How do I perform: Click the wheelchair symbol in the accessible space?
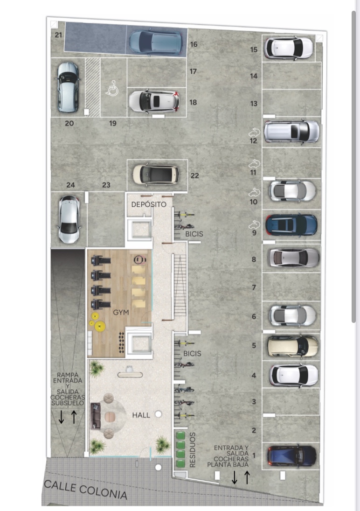[x=112, y=88]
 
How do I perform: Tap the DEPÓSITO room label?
[x=149, y=204]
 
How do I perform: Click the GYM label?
[x=121, y=312]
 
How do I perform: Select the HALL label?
[x=141, y=415]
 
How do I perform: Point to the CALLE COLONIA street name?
[x=86, y=490]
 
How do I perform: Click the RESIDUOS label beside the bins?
[x=192, y=450]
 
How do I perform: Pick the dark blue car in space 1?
[x=292, y=456]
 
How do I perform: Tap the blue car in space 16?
[x=155, y=42]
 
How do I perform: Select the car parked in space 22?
[x=156, y=175]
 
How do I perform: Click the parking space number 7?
[x=254, y=287]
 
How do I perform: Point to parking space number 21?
[x=58, y=35]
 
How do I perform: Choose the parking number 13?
[x=254, y=104]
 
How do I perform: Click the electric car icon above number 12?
[x=254, y=133]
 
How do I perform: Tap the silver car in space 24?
[x=69, y=219]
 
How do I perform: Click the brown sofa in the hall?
[x=95, y=416]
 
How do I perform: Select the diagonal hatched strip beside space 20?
[x=92, y=87]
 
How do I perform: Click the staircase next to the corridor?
[x=180, y=286]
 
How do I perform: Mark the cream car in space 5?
[x=292, y=346]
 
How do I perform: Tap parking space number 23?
[x=106, y=185]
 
